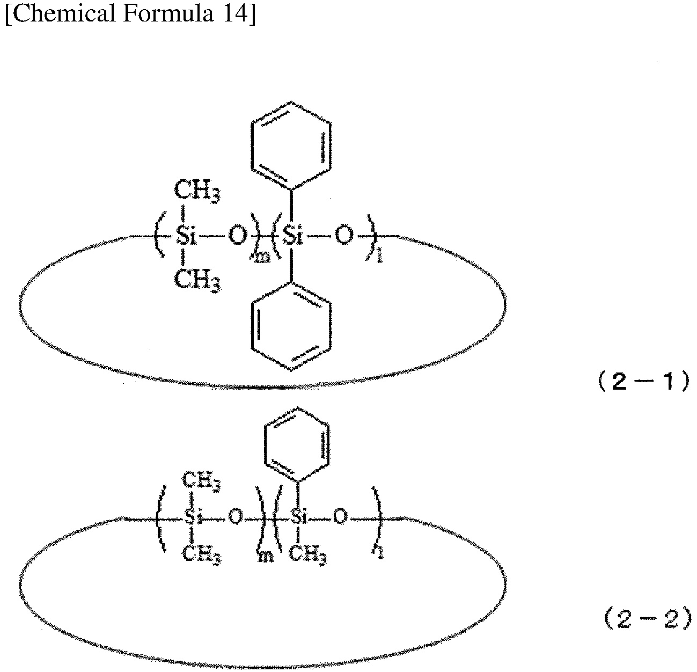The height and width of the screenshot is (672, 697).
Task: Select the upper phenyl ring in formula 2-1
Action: coord(290,145)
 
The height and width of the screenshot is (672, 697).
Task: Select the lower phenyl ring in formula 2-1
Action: coord(291,326)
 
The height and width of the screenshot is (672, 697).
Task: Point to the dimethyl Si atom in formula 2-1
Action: coord(186,236)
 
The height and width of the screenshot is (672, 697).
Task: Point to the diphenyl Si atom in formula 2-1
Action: coord(292,236)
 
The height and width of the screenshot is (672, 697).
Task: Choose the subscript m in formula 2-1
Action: coord(262,257)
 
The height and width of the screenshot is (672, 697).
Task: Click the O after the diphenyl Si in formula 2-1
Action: coord(344,236)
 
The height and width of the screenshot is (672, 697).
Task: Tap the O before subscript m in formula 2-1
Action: coord(238,236)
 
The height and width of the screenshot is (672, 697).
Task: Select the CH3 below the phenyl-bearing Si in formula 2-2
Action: coord(307,554)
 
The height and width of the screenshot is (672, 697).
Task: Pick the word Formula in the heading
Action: coord(168,13)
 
